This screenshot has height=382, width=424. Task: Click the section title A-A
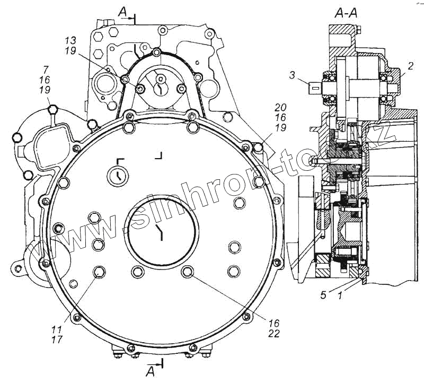click(346, 14)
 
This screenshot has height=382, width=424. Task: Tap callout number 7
click(46, 70)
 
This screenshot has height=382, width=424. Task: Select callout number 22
click(274, 333)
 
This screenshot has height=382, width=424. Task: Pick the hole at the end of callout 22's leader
click(187, 272)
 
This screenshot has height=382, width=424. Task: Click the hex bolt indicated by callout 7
click(52, 110)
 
